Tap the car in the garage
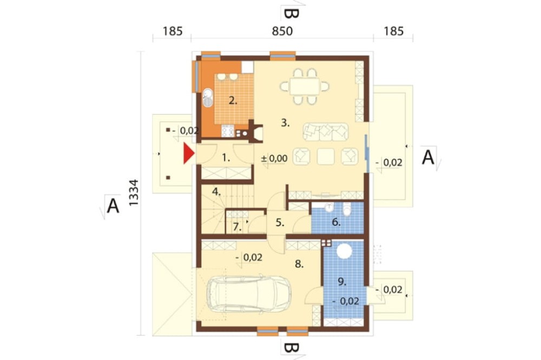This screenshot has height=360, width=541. click(x=249, y=294)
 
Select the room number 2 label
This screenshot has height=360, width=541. click(x=233, y=101)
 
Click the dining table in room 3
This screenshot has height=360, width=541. click(x=305, y=86)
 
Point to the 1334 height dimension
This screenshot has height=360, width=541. click(x=134, y=193)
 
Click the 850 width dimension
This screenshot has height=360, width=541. click(x=282, y=31)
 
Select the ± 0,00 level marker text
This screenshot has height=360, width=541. click(x=274, y=158)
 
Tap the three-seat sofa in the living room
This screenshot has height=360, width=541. click(x=326, y=132)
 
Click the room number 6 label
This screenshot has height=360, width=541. click(x=336, y=222)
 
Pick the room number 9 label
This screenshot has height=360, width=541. click(x=342, y=282)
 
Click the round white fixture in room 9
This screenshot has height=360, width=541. click(x=344, y=251)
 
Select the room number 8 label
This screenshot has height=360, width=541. click(x=299, y=264)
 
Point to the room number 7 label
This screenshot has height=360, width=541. click(x=237, y=227)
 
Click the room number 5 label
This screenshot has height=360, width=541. click(x=280, y=223)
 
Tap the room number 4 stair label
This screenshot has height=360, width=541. click(x=216, y=192)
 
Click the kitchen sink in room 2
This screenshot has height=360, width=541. click(x=208, y=98)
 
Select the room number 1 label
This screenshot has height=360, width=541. click(x=226, y=158)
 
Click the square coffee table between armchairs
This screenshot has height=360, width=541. click(x=326, y=157)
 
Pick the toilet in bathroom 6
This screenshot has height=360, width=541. click(x=347, y=210)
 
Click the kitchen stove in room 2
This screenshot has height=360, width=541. click(x=228, y=131)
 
